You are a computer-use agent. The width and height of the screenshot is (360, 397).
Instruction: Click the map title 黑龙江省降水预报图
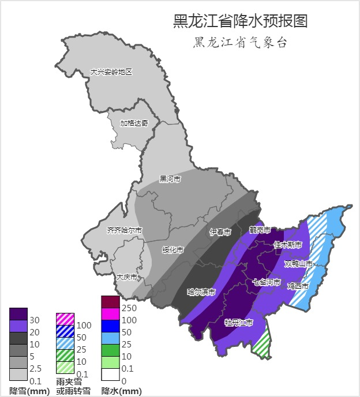(x=240, y=21)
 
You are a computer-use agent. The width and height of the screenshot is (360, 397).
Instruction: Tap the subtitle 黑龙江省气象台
(x=240, y=43)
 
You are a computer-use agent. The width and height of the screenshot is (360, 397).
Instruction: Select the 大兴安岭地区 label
(x=111, y=72)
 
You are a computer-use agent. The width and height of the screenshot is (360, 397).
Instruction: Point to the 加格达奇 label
(x=134, y=123)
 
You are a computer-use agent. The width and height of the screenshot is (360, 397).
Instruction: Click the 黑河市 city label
(x=170, y=179)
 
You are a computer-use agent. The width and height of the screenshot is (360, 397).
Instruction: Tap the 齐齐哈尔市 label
(x=124, y=230)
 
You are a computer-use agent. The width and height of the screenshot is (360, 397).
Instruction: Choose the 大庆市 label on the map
(x=127, y=277)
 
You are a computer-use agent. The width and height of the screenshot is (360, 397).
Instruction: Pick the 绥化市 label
(x=172, y=250)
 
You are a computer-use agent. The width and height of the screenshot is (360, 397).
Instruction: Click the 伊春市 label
(x=220, y=232)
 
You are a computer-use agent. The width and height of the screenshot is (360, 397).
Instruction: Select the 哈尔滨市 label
(x=201, y=292)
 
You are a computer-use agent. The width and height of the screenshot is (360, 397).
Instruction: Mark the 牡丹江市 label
(x=239, y=323)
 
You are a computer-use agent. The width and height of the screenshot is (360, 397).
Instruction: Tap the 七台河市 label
(x=267, y=282)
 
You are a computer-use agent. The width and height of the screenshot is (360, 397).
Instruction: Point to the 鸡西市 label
(x=298, y=286)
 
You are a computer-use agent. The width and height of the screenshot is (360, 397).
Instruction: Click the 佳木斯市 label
(x=287, y=244)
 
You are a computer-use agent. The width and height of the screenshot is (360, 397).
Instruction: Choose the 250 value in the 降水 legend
(x=129, y=308)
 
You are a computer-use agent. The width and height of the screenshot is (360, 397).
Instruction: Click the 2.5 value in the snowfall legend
(x=35, y=368)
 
